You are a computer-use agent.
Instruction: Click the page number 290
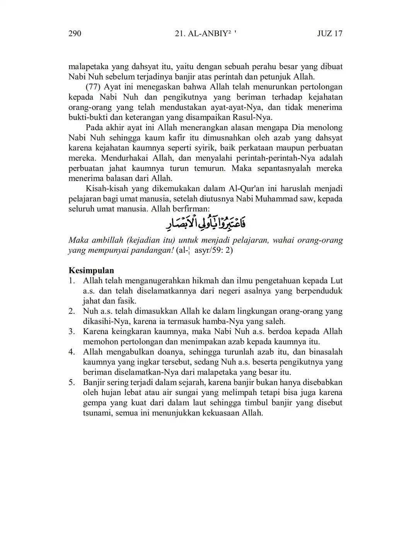click(75, 34)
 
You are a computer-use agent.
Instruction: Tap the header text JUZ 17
click(329, 34)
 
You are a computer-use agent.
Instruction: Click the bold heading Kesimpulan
click(91, 270)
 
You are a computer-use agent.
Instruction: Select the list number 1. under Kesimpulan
click(72, 281)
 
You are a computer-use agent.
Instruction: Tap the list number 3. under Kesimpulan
click(72, 332)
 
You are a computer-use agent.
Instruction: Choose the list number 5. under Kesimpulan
click(72, 383)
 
